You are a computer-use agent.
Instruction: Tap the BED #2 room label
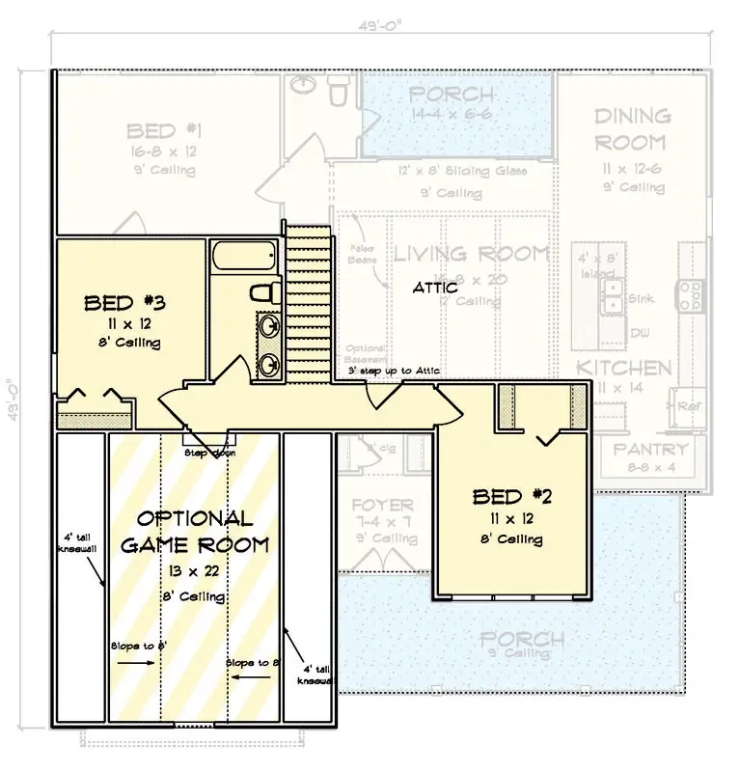click(x=513, y=497)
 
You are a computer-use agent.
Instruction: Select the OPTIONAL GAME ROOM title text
click(x=194, y=532)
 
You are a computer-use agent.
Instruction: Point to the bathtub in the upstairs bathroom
click(x=242, y=259)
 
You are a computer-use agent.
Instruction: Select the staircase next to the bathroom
click(x=308, y=298)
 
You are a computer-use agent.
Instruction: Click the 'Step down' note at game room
click(x=208, y=452)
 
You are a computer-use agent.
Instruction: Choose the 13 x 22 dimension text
click(x=194, y=572)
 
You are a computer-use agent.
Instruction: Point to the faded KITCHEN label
click(x=624, y=368)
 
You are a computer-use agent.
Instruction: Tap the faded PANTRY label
click(x=651, y=450)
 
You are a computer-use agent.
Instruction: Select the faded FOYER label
click(x=382, y=505)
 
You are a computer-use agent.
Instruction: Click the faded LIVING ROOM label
click(x=471, y=255)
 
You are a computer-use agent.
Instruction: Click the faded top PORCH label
click(x=452, y=95)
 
